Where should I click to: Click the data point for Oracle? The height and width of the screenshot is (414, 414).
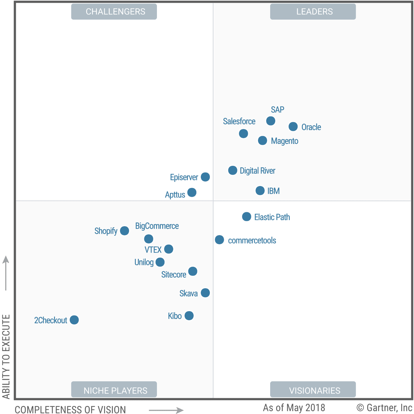pyautogui.click(x=293, y=127)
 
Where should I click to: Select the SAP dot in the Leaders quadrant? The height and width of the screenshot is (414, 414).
pyautogui.click(x=271, y=121)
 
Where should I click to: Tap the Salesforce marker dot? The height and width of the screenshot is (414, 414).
pyautogui.click(x=243, y=134)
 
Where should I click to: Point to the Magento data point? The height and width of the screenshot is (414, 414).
pyautogui.click(x=262, y=141)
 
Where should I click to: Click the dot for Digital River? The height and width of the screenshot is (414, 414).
pyautogui.click(x=233, y=171)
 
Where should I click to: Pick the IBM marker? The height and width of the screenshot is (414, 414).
pyautogui.click(x=260, y=191)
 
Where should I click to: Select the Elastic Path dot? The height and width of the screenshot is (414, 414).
pyautogui.click(x=247, y=217)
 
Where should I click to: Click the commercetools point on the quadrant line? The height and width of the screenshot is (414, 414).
pyautogui.click(x=219, y=240)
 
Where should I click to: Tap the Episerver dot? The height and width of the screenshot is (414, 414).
pyautogui.click(x=205, y=177)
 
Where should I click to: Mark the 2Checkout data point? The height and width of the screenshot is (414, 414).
pyautogui.click(x=74, y=320)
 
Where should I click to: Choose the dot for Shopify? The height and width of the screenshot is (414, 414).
pyautogui.click(x=125, y=231)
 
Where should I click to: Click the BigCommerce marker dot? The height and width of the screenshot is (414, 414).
pyautogui.click(x=149, y=239)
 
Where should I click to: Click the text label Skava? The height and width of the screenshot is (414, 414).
pyautogui.click(x=188, y=294)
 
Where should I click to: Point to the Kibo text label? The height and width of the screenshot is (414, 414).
pyautogui.click(x=175, y=316)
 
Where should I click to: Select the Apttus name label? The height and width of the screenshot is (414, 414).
pyautogui.click(x=175, y=195)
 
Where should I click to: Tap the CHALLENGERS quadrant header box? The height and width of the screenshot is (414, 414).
pyautogui.click(x=114, y=12)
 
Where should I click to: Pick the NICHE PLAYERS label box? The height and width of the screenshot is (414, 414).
pyautogui.click(x=114, y=390)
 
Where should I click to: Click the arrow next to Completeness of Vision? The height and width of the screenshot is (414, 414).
pyautogui.click(x=166, y=410)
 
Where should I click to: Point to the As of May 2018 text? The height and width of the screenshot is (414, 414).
pyautogui.click(x=294, y=407)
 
